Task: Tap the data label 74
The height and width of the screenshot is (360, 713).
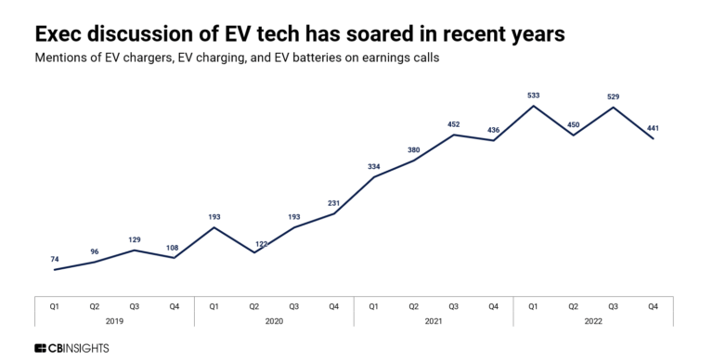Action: [55, 259]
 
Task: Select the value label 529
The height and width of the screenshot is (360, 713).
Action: [613, 96]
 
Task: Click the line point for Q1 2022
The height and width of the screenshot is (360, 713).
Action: [533, 106]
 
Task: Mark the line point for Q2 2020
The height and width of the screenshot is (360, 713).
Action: [254, 252]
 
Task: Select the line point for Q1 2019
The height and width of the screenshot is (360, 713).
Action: [55, 270]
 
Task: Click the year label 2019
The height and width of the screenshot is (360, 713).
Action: [114, 321]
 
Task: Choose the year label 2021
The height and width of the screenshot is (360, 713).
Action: [434, 321]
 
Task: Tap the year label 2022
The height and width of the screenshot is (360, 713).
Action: [593, 321]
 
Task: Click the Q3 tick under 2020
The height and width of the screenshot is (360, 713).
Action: [293, 304]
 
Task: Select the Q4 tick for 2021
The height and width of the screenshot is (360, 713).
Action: [493, 304]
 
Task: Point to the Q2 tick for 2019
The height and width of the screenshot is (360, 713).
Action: [95, 304]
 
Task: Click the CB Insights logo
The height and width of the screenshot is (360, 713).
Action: [71, 347]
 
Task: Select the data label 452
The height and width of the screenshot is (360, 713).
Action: [453, 122]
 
